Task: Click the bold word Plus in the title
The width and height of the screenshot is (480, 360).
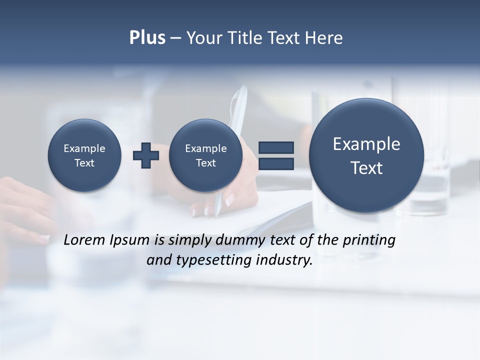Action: [147, 38]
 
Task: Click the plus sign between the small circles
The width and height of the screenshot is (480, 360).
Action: [146, 155]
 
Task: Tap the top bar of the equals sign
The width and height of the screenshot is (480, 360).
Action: [276, 147]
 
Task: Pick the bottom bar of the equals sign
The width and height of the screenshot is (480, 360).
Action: [276, 164]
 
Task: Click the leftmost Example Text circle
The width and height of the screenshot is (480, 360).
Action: [84, 155]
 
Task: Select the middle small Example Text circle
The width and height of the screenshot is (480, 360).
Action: [206, 155]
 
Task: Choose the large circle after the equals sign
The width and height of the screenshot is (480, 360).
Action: [366, 155]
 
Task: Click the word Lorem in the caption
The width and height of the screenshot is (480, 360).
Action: [85, 240]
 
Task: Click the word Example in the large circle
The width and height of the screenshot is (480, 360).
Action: [366, 144]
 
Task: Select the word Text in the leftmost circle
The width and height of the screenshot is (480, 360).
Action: [84, 163]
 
